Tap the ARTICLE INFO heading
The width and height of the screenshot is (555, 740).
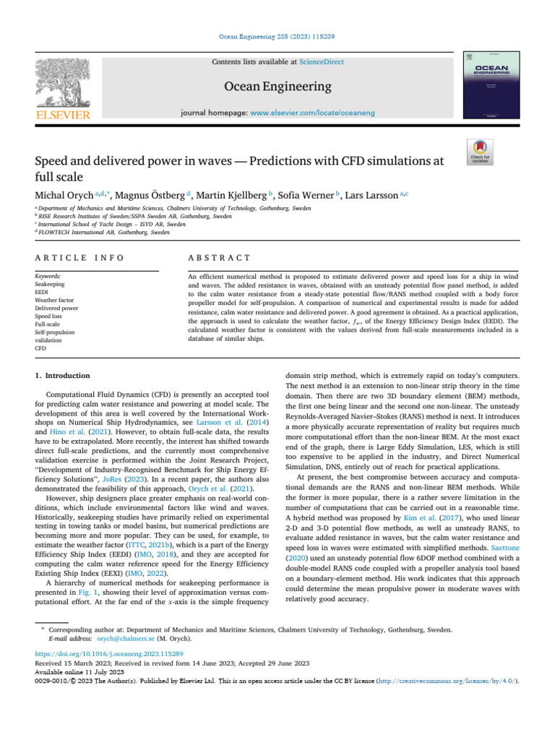[79, 258]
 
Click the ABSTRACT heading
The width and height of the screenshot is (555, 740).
[219, 258]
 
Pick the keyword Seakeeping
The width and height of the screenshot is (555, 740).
[51, 285]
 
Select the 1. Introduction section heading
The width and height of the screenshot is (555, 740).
[63, 376]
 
